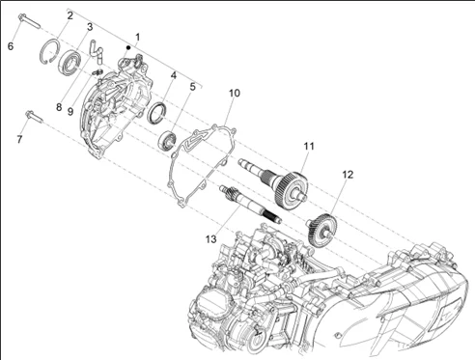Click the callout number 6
(x=11, y=46)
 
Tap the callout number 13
(x=211, y=239)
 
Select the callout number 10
(x=235, y=93)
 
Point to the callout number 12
(x=348, y=175)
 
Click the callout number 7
(x=19, y=139)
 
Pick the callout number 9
(x=70, y=112)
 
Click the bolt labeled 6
(x=29, y=21)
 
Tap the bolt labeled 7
(x=34, y=116)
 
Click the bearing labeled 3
(x=70, y=62)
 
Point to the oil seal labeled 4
(x=156, y=113)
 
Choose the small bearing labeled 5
(x=167, y=141)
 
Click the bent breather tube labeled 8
(x=96, y=51)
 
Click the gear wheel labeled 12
(x=321, y=230)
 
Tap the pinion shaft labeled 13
(x=250, y=205)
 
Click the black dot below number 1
(x=128, y=47)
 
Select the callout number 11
(x=309, y=147)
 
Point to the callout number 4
(x=174, y=75)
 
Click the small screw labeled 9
(x=97, y=71)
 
